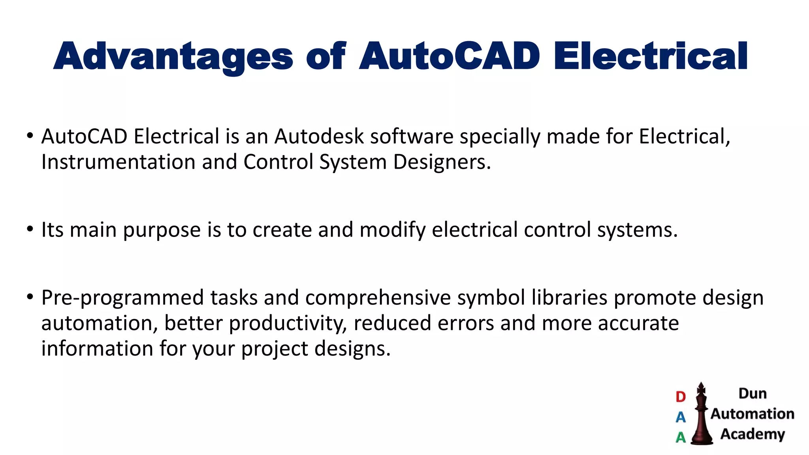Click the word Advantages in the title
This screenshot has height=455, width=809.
click(173, 56)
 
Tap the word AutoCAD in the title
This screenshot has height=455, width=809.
click(450, 56)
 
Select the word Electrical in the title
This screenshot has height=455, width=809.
click(651, 56)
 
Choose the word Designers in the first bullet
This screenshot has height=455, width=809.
click(442, 162)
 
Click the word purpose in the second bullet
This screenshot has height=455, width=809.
click(162, 230)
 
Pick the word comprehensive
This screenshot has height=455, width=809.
click(378, 298)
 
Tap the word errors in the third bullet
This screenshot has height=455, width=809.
click(466, 323)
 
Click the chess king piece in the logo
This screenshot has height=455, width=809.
click(702, 415)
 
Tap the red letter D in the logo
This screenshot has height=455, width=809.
click(681, 397)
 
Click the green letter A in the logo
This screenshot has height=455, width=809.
click(681, 437)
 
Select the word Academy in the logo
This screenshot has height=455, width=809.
click(753, 434)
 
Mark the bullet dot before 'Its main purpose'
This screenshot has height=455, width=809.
click(30, 229)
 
